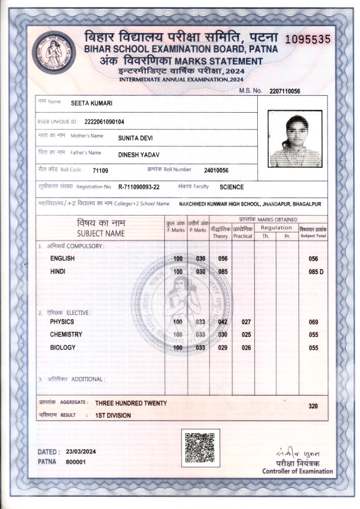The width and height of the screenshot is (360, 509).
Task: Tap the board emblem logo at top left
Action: (54, 53)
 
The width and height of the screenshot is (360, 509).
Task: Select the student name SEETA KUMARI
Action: (91, 103)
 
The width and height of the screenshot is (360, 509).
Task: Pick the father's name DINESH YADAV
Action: (139, 154)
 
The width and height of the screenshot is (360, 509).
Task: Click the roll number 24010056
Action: (216, 170)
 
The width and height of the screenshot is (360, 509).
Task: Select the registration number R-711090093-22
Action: (139, 187)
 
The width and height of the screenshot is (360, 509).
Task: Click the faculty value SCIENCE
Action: (232, 187)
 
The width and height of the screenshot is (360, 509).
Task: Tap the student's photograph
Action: (295, 139)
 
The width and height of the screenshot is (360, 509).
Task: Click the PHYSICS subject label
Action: (62, 321)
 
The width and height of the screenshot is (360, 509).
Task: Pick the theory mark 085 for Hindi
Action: (222, 271)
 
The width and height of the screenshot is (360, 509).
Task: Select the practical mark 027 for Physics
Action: (246, 321)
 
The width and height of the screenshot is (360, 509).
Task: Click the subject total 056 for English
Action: (314, 259)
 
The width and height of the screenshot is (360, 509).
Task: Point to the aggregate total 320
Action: (314, 406)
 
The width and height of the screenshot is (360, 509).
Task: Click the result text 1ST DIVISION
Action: (113, 415)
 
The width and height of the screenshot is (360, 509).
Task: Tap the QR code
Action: (200, 448)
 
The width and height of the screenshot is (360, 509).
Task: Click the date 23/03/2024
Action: (81, 451)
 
